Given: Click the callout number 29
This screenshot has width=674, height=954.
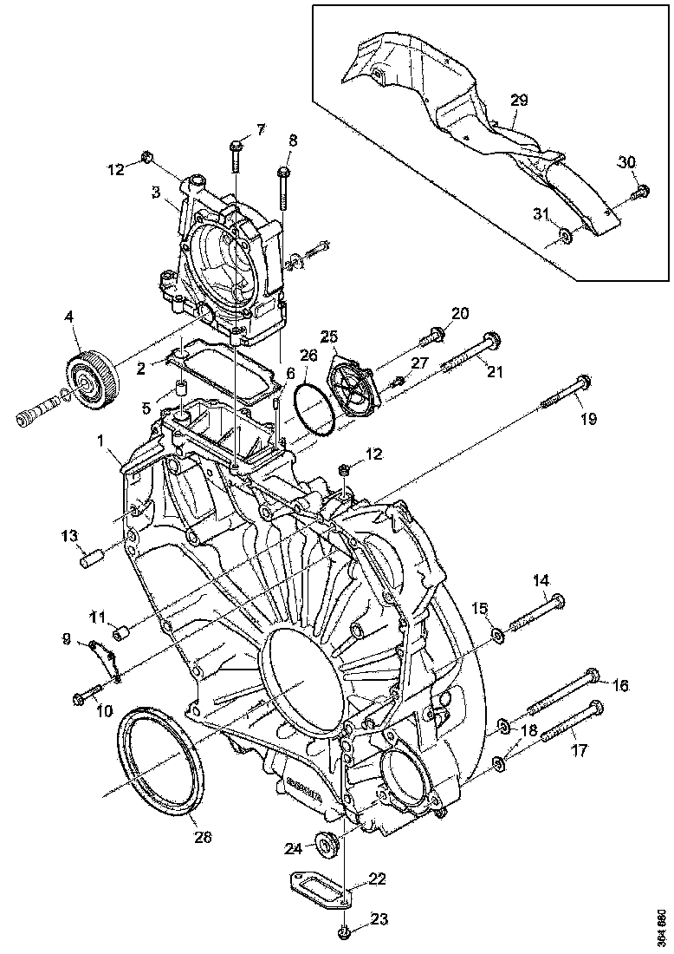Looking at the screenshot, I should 518,101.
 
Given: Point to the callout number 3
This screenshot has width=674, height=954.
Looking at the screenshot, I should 157,193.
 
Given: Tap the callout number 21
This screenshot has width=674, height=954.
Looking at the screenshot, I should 495,372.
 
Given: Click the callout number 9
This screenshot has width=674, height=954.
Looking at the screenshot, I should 66,639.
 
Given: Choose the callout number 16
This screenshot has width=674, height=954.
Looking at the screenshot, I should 619,685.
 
